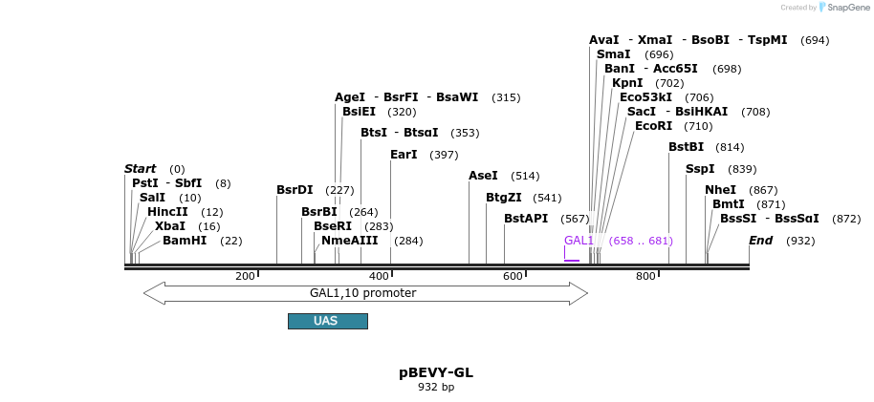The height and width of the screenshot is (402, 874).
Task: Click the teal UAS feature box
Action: coord(327,321)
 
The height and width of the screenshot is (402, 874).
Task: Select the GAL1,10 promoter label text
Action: coord(362,293)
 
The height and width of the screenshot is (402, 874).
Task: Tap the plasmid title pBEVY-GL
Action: coord(436,372)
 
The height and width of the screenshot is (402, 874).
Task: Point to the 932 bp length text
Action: coord(436,388)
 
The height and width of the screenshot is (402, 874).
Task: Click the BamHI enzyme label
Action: coord(185,241)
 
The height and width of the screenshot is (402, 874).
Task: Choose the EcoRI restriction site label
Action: coord(653,126)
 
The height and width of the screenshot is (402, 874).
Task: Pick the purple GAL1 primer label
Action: coord(579,241)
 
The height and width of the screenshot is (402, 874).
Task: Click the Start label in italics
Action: coord(140,169)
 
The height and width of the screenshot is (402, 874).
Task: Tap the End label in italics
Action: coord(760,241)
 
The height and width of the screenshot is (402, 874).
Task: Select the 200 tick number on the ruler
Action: coord(245,276)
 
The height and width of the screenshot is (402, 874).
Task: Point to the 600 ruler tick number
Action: coord(513,276)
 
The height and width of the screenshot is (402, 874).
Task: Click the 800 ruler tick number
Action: coord(645,276)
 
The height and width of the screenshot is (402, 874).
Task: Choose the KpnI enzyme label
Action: coord(627,83)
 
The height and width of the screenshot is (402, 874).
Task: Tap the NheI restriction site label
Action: coord(720,190)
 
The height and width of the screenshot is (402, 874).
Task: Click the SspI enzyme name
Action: coord(700,169)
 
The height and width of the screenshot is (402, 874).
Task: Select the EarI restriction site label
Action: coord(404,155)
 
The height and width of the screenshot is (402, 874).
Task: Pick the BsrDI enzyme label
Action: coord(295,190)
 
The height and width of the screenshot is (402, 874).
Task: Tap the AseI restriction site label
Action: coord(483,176)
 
